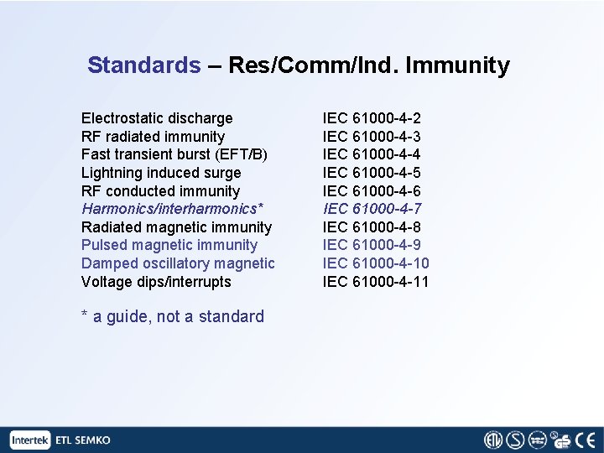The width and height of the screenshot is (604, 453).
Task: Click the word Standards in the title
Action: (143, 65)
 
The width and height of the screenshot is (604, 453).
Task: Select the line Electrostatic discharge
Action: (157, 118)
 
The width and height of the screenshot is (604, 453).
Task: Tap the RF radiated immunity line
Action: (153, 137)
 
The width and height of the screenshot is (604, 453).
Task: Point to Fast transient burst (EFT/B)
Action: (174, 154)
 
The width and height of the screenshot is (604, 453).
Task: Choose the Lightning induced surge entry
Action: (161, 173)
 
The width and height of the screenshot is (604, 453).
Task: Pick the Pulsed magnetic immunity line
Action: (169, 245)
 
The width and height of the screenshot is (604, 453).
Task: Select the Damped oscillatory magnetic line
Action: (178, 263)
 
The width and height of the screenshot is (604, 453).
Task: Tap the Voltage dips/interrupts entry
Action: (156, 282)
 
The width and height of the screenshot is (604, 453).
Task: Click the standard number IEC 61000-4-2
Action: (372, 118)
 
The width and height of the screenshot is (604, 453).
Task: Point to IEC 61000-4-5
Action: (372, 173)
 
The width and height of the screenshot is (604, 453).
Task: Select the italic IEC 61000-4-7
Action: (372, 209)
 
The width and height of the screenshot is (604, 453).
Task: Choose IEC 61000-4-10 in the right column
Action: (376, 263)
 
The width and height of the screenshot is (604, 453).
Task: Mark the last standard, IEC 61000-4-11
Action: (376, 282)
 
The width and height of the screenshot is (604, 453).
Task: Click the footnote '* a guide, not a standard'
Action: (172, 316)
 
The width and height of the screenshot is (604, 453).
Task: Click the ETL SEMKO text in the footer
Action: (83, 440)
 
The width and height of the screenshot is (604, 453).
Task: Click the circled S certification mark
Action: (515, 440)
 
